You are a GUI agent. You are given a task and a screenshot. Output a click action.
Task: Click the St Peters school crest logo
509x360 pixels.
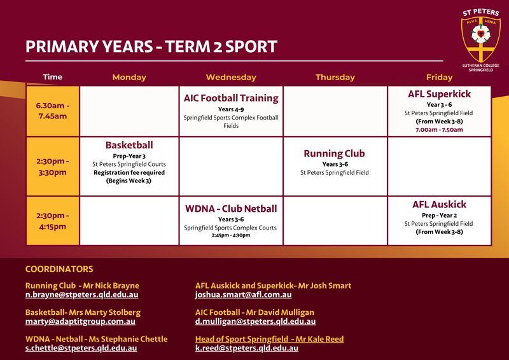481,39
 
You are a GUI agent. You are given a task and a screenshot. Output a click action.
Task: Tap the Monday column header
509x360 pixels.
129,77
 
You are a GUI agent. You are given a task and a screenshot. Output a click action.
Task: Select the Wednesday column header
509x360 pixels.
231,77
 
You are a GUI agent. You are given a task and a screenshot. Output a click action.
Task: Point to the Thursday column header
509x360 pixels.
335,77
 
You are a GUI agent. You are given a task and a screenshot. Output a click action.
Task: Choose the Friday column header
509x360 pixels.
439,77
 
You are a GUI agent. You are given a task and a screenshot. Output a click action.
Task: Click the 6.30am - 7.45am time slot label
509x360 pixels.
53,111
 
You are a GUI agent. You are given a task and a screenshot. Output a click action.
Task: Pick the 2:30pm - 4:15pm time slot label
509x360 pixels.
53,221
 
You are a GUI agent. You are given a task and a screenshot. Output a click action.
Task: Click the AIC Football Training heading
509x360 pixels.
231,98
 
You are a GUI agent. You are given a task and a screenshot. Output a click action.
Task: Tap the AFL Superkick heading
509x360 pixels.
439,93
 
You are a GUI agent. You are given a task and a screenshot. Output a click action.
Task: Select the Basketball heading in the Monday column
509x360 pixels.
129,145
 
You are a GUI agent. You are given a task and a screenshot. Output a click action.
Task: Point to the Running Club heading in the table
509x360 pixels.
335,153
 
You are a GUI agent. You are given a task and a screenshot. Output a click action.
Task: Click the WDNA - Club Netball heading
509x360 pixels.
231,209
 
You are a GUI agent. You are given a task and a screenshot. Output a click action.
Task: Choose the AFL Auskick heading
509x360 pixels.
439,204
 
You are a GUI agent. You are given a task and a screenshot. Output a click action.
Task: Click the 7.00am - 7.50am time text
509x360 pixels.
439,130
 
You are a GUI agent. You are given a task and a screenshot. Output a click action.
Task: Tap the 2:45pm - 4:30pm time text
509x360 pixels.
231,235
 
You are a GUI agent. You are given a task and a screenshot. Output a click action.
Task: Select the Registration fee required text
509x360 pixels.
129,172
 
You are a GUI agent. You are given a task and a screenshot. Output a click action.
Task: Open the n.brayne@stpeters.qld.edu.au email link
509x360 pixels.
82,294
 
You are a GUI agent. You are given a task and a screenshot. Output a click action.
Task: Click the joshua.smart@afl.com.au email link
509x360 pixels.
243,294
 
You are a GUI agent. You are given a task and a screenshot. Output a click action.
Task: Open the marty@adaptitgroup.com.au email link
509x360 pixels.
80,321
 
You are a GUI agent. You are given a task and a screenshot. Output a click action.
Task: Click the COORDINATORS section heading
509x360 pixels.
59,269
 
